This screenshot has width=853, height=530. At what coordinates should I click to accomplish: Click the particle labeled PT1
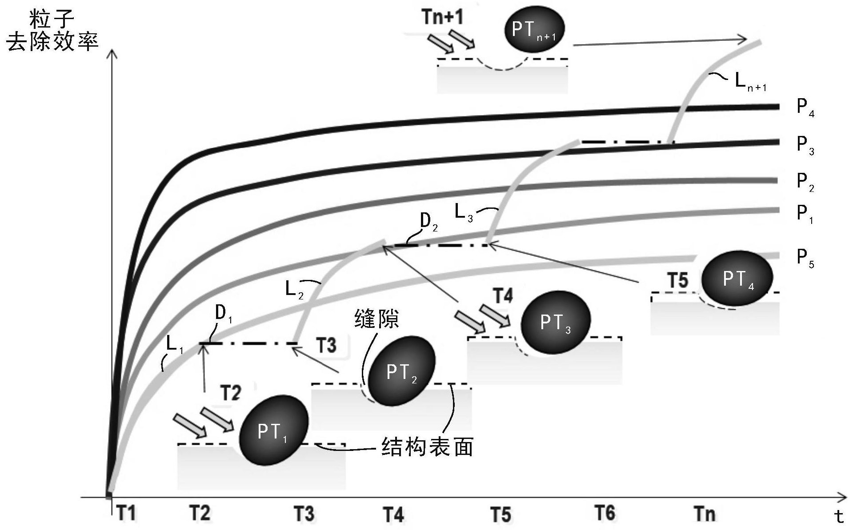tap(273, 430)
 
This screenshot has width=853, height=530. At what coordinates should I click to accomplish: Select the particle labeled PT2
tap(402, 371)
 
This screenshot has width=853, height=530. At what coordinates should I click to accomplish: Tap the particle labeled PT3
tap(555, 322)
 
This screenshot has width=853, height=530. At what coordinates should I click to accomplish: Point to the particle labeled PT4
tap(737, 278)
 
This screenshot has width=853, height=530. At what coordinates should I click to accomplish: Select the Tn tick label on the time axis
tap(705, 514)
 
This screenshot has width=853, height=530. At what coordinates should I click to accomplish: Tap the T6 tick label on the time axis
tap(605, 513)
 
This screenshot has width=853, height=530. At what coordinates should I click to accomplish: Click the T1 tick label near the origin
tap(126, 513)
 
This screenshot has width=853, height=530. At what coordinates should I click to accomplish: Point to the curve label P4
tap(805, 108)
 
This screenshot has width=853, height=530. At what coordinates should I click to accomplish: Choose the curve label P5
tap(805, 258)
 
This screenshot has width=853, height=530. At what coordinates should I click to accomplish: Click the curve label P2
tap(805, 183)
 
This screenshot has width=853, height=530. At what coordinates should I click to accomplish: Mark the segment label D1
tap(224, 314)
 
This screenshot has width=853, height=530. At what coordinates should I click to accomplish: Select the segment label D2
tap(429, 222)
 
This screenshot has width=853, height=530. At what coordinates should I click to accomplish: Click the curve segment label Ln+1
tap(750, 82)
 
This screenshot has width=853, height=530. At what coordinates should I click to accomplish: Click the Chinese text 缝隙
tap(376, 319)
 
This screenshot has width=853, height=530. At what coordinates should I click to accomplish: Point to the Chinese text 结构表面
tap(427, 446)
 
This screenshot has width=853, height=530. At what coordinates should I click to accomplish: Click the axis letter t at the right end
tap(839, 516)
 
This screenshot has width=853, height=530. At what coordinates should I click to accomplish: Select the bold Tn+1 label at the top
tap(442, 17)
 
